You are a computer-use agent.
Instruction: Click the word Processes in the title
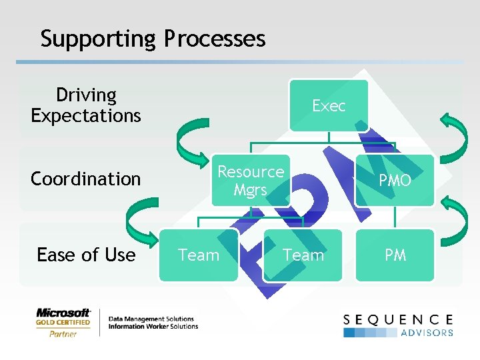[x=215, y=39]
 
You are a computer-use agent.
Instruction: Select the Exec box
[x=329, y=105]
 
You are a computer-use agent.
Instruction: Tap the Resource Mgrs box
[x=251, y=181]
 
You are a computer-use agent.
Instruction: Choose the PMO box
[x=395, y=181]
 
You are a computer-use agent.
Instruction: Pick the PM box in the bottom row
[x=395, y=255]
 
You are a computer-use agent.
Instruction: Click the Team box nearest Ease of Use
[x=199, y=255]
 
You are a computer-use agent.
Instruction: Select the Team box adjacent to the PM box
[x=303, y=255]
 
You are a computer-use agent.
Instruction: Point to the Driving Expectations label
[x=86, y=105]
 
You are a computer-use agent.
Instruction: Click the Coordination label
[x=86, y=179]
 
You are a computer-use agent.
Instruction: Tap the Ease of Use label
[x=86, y=255]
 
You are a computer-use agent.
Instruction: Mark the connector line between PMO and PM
[x=395, y=217]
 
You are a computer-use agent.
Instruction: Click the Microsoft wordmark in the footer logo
[x=63, y=312]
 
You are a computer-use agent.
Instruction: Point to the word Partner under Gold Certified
[x=63, y=334]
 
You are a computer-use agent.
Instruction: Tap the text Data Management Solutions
[x=151, y=319]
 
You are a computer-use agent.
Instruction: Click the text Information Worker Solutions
[x=153, y=327]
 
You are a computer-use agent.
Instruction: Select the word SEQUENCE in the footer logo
[x=398, y=320]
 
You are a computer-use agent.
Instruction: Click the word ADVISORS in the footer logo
[x=427, y=332]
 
